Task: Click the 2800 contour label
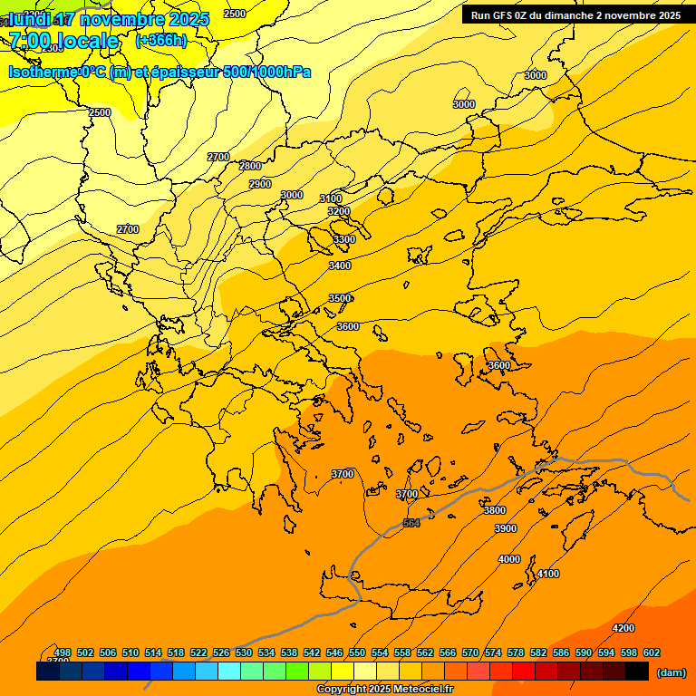(250, 166)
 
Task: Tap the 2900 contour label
(260, 184)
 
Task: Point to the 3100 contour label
(331, 198)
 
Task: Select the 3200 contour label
(339, 211)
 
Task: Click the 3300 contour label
(344, 239)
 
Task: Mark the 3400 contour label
(340, 266)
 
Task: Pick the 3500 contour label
(340, 298)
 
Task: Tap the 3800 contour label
(495, 510)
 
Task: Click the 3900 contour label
(506, 528)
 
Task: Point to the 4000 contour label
(509, 559)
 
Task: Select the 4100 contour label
(548, 574)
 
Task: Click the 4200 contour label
(623, 628)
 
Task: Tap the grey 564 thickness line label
(411, 523)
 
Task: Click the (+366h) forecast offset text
(161, 40)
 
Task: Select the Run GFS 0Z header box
(575, 15)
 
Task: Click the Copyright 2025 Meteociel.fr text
(384, 690)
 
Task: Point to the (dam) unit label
(671, 672)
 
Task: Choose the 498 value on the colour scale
(63, 652)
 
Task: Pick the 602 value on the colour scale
(652, 652)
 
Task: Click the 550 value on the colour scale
(357, 652)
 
